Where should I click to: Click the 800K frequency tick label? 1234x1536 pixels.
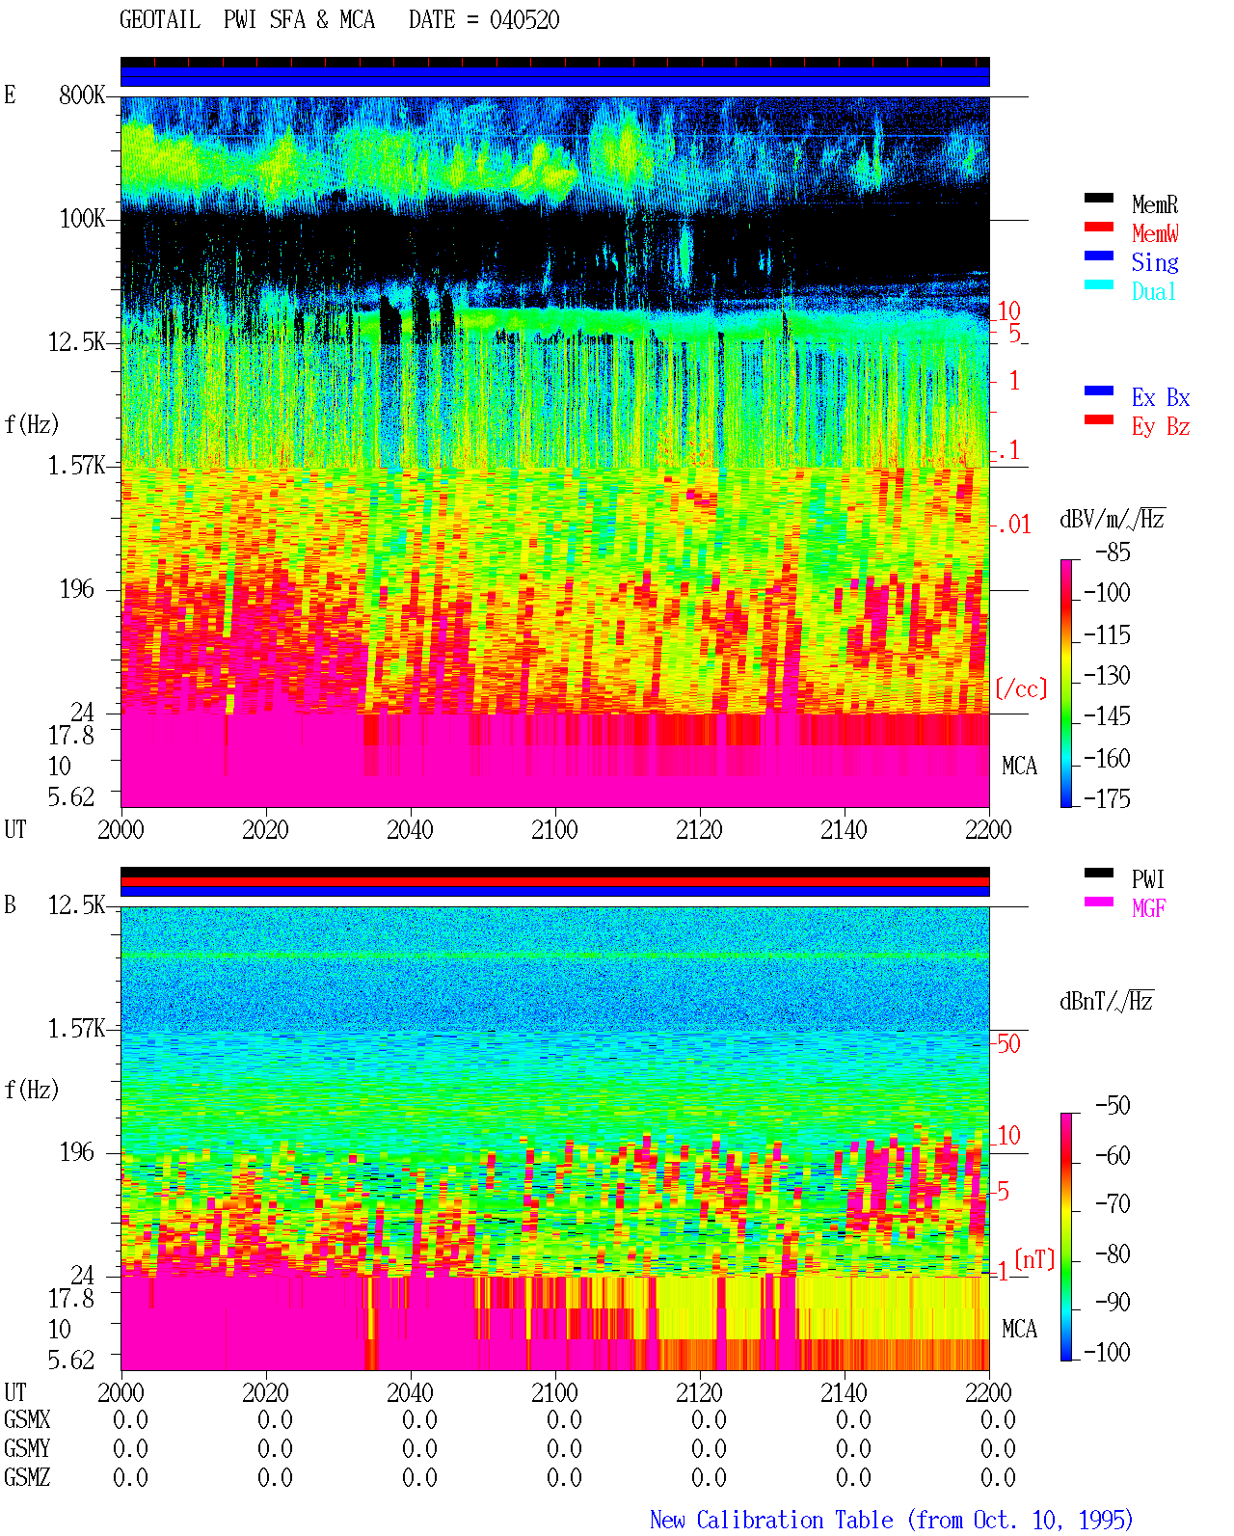(x=82, y=94)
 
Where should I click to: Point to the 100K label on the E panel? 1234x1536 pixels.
(x=82, y=219)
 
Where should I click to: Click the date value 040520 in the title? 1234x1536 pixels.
(x=524, y=20)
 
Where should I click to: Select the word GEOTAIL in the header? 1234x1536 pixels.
(x=160, y=20)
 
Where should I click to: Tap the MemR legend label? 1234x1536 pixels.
(x=1155, y=204)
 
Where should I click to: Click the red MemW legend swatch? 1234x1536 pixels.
(x=1098, y=227)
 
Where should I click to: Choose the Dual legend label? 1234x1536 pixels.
(x=1154, y=291)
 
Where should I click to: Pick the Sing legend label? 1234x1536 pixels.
(x=1155, y=262)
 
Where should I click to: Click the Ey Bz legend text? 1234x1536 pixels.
(x=1161, y=427)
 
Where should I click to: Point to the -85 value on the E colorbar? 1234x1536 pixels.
(x=1113, y=552)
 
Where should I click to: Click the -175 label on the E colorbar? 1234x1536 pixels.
(x=1107, y=798)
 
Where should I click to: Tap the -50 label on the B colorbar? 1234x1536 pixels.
(x=1113, y=1106)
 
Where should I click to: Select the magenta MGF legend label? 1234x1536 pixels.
(x=1148, y=908)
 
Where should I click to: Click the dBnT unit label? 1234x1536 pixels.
(x=1106, y=1001)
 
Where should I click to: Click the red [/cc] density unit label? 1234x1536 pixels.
(x=1021, y=688)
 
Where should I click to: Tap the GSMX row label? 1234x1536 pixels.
(x=27, y=1419)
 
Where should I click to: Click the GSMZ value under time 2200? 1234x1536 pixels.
(x=998, y=1477)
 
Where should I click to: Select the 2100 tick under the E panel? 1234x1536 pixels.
(x=554, y=830)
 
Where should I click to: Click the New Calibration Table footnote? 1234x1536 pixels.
(x=892, y=1520)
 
